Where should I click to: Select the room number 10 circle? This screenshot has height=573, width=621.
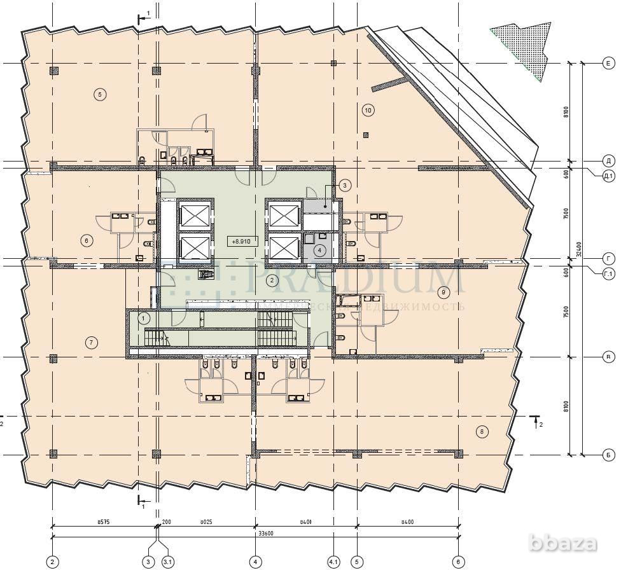(368, 110)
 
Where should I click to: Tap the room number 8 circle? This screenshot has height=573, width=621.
(482, 432)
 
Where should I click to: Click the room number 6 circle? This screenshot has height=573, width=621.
(87, 240)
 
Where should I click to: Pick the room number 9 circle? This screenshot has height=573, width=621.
(443, 293)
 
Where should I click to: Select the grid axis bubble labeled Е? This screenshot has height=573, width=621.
(608, 63)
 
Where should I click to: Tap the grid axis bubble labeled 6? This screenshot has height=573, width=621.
(458, 562)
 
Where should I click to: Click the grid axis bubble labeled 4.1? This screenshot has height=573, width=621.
(334, 562)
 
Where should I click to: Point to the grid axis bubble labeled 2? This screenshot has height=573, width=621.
(52, 562)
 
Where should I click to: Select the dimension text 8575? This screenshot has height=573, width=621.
(104, 521)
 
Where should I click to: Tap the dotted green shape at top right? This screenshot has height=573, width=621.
(524, 48)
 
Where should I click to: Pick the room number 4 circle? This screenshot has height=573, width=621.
(319, 251)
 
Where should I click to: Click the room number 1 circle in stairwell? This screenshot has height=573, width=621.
(144, 317)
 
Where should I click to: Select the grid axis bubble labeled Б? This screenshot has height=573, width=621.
(608, 455)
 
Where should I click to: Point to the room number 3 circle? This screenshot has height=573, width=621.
(344, 186)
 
